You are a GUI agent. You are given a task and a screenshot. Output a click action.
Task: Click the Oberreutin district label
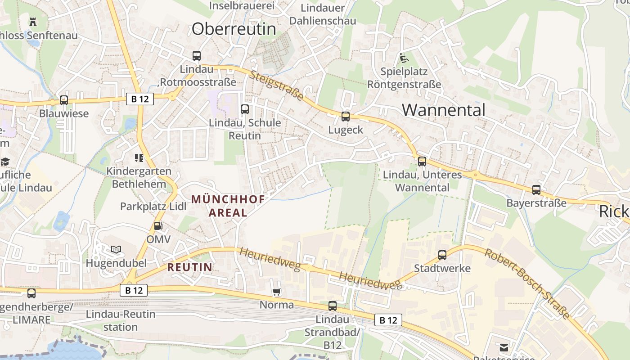pos(234,29)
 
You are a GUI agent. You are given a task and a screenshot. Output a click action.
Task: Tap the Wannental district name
pos(444,110)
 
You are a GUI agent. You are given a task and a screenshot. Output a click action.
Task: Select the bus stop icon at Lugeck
pos(345,117)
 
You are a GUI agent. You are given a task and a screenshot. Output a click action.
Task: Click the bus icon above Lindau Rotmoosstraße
pos(197,56)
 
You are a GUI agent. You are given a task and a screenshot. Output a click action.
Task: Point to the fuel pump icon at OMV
pos(158,226)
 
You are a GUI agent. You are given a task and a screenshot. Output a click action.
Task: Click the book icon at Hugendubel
pos(116,249)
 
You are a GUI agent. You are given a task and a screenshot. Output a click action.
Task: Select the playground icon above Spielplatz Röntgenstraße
pos(404,58)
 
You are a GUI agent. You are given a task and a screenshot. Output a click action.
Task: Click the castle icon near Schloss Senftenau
pos(33,21)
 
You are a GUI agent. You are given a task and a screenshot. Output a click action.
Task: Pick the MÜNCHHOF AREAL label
pos(228,206)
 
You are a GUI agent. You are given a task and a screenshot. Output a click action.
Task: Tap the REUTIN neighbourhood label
pos(189,267)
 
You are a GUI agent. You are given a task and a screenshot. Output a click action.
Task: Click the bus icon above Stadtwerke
pos(442,255)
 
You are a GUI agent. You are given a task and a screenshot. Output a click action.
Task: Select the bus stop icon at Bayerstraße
pos(536,190)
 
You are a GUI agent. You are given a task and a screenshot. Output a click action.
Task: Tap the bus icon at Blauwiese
pos(64,100)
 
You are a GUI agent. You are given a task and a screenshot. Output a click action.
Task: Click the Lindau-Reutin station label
pos(121,320)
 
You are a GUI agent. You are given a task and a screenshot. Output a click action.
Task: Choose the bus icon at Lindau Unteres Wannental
pos(422,162)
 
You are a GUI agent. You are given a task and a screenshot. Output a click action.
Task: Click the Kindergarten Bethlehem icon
pos(139,158)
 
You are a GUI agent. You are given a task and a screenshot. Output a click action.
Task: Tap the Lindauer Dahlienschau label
pos(323,14)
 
